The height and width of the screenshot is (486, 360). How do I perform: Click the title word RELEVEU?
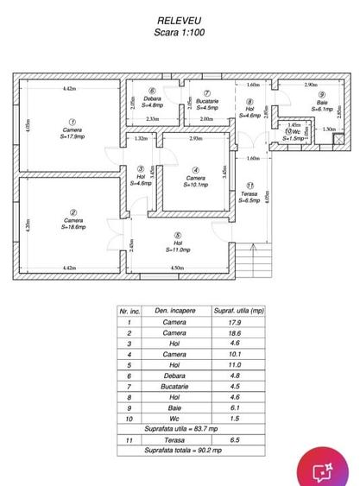pos(180,19)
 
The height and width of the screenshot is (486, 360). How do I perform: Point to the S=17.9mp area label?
pos(73,136)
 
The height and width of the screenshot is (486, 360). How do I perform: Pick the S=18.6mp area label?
pos(73,228)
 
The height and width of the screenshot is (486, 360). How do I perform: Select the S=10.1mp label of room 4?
pos(199,184)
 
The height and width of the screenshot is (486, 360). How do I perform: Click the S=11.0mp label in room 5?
pos(177,249)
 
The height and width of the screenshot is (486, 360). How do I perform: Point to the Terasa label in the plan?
pos(249,193)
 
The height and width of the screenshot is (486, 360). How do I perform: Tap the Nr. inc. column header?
pos(129,310)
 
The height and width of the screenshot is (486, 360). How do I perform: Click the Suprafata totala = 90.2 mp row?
pos(182,450)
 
